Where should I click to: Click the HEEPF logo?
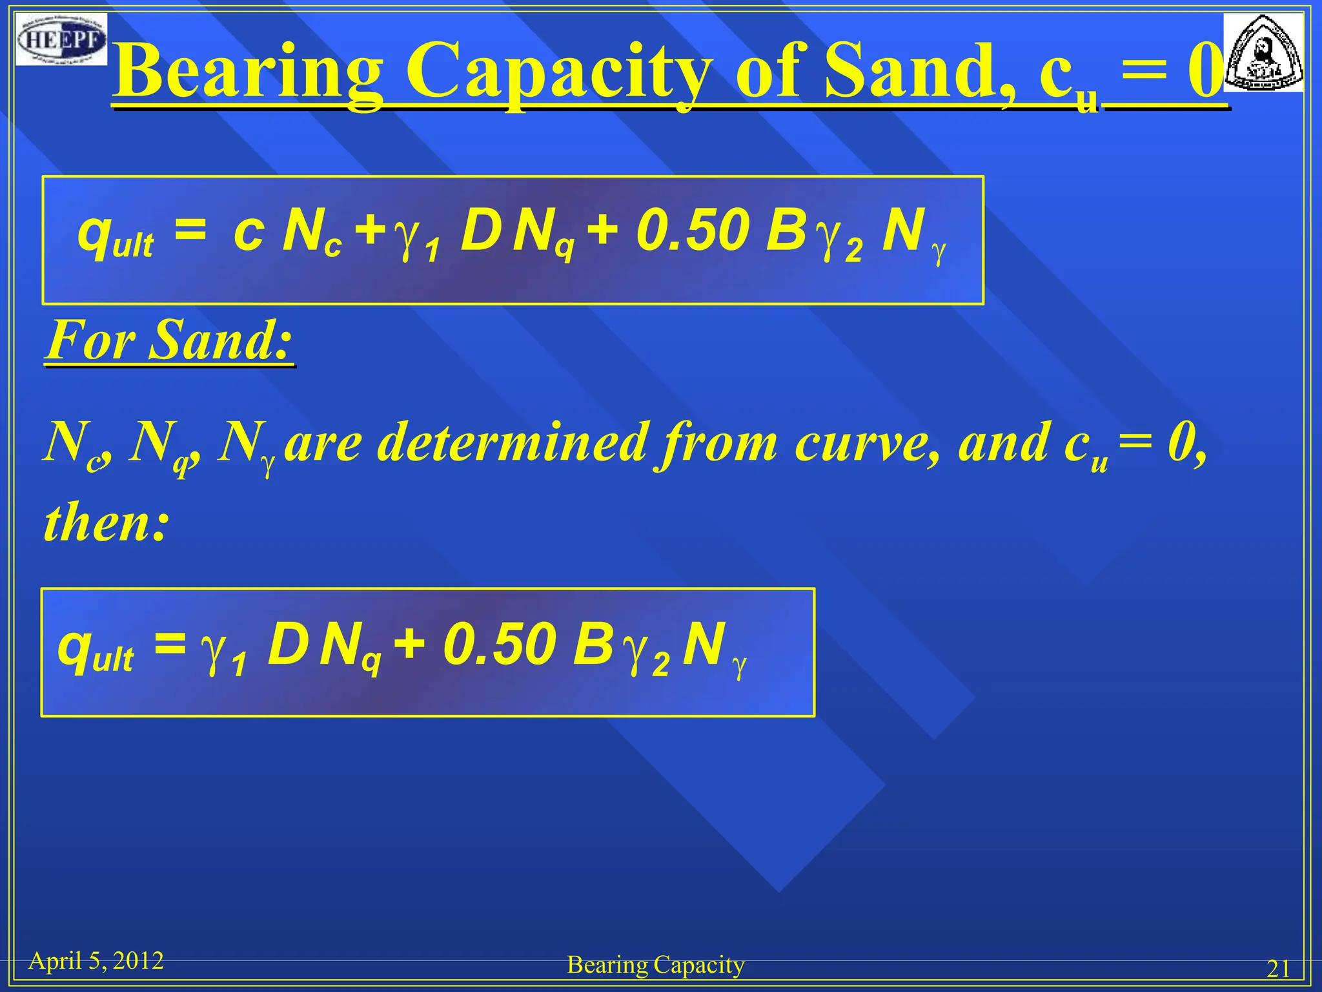click(61, 39)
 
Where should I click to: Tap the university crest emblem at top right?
click(1263, 53)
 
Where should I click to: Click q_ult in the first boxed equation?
click(115, 236)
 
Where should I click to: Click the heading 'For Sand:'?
click(169, 340)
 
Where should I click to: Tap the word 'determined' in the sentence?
click(511, 443)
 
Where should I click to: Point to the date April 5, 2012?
click(96, 961)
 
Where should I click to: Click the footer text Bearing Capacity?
click(655, 965)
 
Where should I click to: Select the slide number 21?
click(1278, 969)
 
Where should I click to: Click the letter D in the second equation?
click(287, 645)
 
